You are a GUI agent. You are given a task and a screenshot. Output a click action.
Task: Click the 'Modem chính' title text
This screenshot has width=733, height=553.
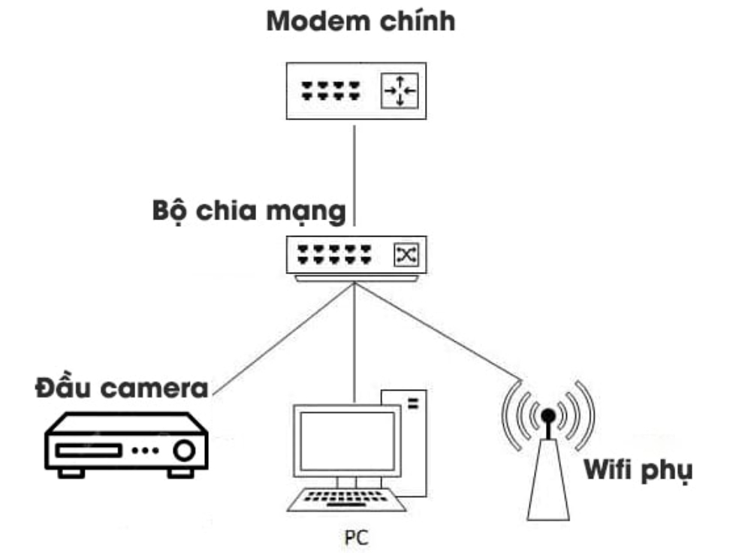360,22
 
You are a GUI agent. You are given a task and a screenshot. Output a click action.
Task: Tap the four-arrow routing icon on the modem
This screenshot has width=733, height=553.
399,92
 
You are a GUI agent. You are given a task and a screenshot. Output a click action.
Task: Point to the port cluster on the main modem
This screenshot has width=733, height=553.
330,92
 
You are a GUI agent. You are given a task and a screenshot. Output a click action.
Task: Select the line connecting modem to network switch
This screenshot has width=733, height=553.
354,173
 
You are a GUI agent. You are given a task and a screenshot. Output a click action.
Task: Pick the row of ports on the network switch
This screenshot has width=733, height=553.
334,255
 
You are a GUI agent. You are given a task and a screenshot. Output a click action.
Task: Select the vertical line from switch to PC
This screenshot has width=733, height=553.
354,338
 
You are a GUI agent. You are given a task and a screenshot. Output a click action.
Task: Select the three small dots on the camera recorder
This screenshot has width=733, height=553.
145,451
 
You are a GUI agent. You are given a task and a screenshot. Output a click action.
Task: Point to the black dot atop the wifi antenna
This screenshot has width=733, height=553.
548,416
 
